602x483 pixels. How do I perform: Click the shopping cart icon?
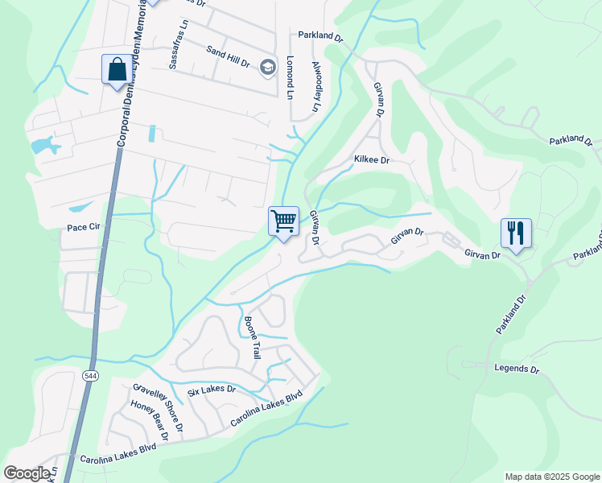283,221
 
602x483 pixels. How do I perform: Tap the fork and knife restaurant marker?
515,233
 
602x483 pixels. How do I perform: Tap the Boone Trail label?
253,336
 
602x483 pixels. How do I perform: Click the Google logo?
27,473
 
